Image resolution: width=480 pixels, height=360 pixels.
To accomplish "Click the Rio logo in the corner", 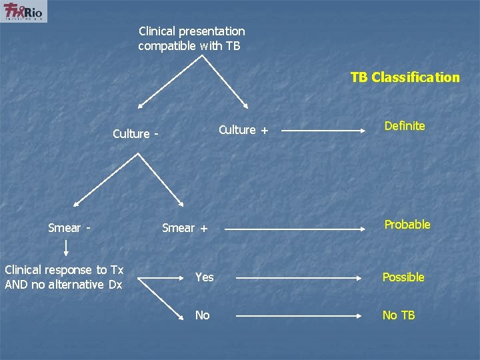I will click(23, 11).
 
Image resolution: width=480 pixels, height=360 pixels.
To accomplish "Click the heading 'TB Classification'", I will click(405, 77).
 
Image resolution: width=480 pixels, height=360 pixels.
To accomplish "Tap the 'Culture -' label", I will click(135, 134).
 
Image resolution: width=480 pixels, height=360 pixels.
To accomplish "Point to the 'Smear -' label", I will click(69, 228).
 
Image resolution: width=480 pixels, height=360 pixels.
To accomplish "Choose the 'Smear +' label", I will click(185, 228).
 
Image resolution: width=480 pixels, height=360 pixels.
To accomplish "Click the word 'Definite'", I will click(404, 126).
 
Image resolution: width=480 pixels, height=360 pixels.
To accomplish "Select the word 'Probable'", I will click(407, 225).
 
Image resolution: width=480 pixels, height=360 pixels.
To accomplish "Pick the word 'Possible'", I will click(403, 277).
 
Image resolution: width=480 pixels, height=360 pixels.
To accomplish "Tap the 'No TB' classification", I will click(398, 315).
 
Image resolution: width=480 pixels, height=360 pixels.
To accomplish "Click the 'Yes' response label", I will click(204, 277).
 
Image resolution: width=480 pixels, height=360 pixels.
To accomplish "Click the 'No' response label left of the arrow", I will click(202, 315).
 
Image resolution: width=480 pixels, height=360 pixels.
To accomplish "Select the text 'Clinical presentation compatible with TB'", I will click(191, 39).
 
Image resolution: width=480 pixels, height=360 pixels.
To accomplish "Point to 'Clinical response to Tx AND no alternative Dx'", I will click(64, 277).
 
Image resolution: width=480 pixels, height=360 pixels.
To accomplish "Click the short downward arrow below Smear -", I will click(67, 249).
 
